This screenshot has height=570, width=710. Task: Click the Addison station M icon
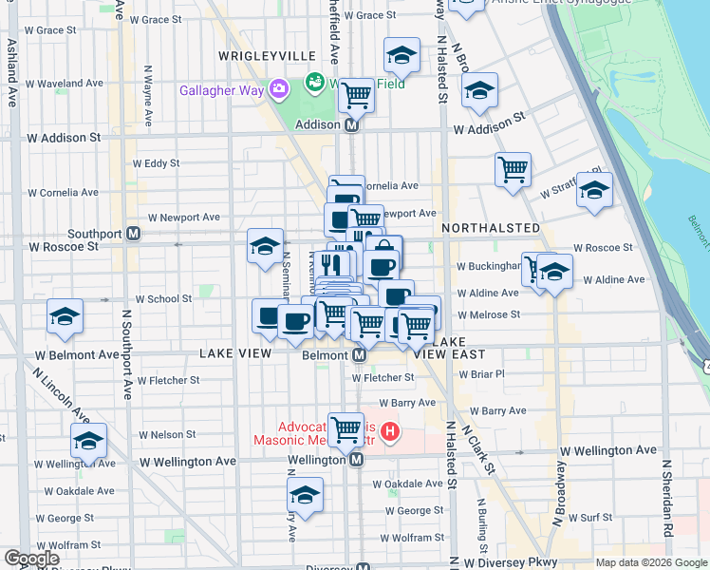pyautogui.click(x=351, y=124)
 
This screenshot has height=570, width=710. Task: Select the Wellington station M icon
pyautogui.click(x=356, y=460)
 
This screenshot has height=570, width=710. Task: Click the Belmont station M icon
pyautogui.click(x=360, y=354)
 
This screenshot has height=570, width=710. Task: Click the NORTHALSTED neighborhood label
pyautogui.click(x=491, y=229)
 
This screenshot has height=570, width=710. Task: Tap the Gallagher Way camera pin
pyautogui.click(x=279, y=90)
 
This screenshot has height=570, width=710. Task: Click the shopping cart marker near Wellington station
pyautogui.click(x=346, y=428)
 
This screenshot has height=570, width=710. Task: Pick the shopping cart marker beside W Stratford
pyautogui.click(x=513, y=169)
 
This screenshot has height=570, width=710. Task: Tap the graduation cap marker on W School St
pyautogui.click(x=65, y=316)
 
